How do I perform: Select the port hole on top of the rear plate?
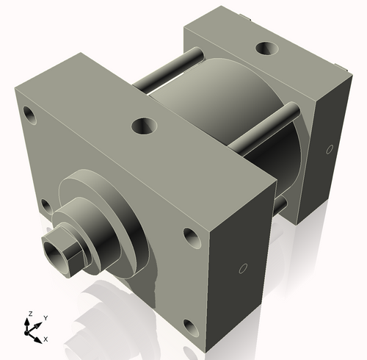click(265, 50)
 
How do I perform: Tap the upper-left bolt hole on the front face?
click(30, 114)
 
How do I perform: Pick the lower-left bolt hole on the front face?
click(46, 205)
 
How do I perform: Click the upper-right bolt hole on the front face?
click(190, 237)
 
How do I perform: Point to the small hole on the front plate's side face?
click(244, 267)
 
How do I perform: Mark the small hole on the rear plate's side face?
click(327, 149)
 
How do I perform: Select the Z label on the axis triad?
click(29, 314)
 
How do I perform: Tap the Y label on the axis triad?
click(46, 317)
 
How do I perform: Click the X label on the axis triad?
click(46, 339)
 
